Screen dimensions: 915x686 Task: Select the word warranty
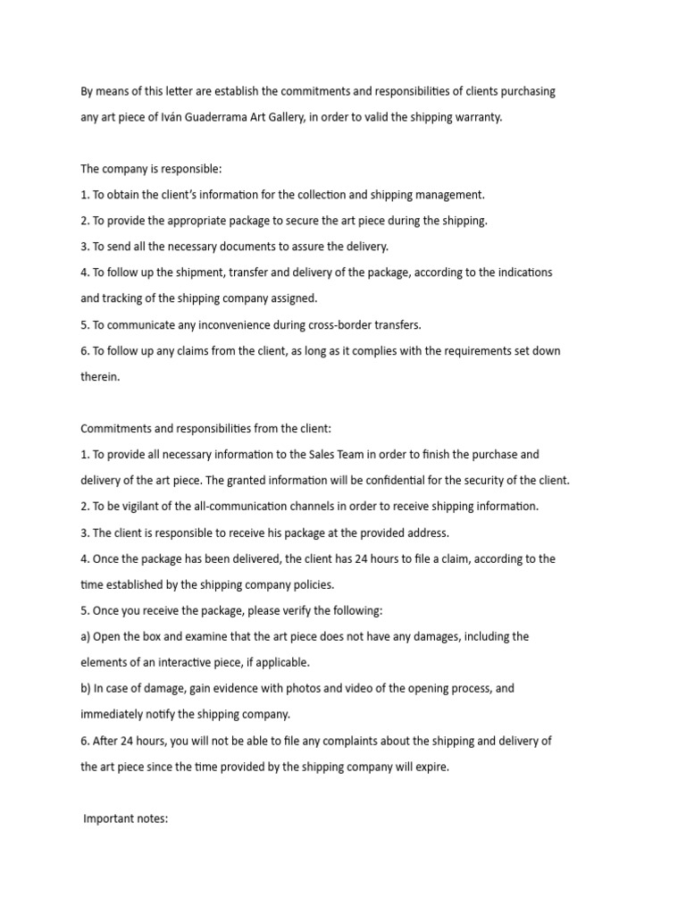479,117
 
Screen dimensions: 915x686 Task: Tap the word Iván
170,117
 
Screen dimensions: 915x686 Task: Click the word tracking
121,298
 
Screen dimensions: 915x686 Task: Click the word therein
99,377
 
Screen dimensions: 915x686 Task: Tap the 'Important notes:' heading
125,818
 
